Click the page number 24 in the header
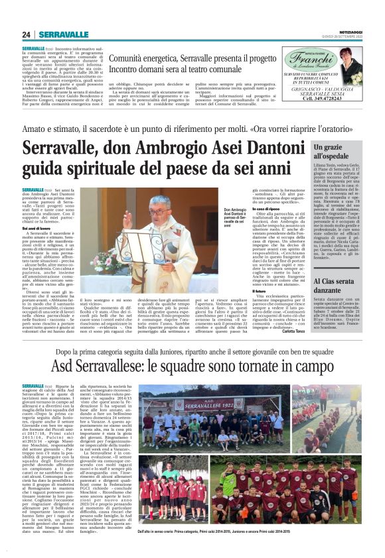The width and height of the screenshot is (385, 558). pos(27,34)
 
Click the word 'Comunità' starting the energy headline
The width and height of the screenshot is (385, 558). pos(129,58)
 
